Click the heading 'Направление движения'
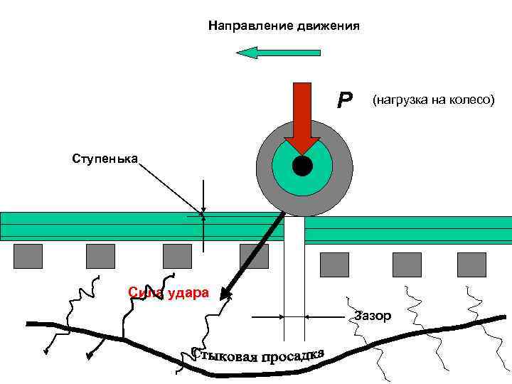[284, 26]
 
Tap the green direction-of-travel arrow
[278, 52]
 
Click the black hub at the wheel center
[302, 166]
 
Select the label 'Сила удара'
[168, 292]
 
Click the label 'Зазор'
[373, 316]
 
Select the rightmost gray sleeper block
[471, 264]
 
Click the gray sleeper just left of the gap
[254, 256]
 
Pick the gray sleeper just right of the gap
[334, 264]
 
